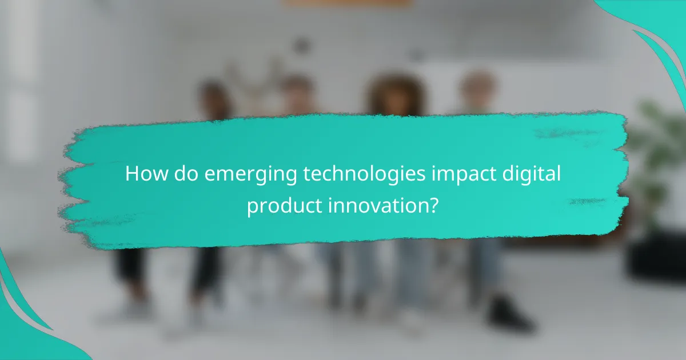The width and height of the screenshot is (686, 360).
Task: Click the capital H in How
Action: [131, 174]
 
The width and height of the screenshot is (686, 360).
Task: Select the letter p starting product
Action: [252, 207]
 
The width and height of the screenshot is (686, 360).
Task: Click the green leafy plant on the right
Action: [657, 149]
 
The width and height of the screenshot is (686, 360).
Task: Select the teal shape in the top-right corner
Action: [657, 29]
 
